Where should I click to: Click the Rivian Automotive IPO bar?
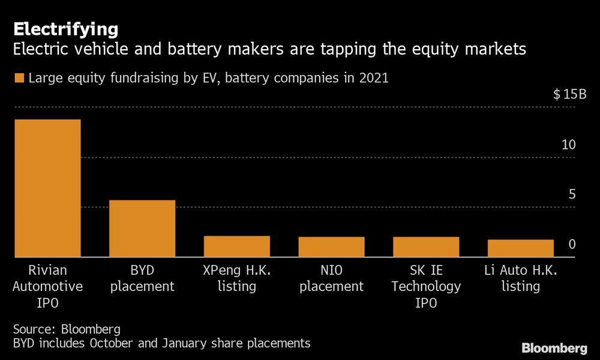coord(47,188)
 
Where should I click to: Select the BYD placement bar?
coord(142,229)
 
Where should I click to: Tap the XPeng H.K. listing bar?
coord(237,247)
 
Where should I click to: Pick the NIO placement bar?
coord(331,247)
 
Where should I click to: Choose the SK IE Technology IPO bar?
coord(426,247)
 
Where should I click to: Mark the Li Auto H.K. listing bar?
coord(521,248)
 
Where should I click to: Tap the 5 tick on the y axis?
coord(572,194)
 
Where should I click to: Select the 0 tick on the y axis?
coord(572,244)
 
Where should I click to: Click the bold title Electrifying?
coord(66,29)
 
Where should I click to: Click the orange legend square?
coord(19,78)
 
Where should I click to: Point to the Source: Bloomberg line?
coord(67,329)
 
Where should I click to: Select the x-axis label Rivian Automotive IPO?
coord(47,286)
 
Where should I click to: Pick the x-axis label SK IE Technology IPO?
coord(426,286)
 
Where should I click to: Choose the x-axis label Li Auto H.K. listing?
coord(521,278)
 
